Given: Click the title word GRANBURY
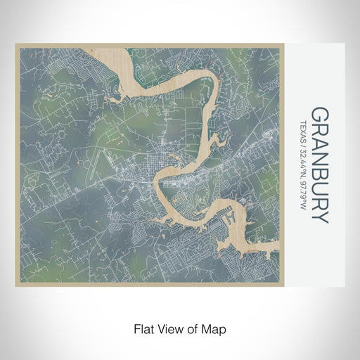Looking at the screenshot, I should point(319,165).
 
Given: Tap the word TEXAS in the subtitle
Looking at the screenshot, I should point(303,129).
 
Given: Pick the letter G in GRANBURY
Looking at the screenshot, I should point(319,114).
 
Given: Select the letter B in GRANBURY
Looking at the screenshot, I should point(319,172).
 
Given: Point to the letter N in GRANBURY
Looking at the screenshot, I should point(319,157).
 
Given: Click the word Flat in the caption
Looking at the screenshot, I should point(143,328).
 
